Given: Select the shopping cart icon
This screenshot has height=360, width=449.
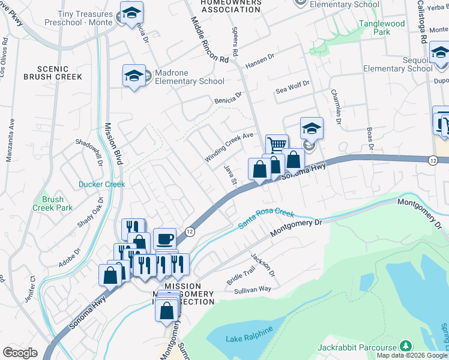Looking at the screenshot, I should pos(277,145).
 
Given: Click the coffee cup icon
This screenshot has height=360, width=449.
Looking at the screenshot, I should pos(164,239).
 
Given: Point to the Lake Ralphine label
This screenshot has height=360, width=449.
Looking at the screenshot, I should pos(249,334).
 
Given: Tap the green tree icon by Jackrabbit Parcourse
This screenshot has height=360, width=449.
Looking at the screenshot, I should pos(406,347).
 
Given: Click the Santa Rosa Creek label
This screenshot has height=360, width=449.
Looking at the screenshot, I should pos(266,218).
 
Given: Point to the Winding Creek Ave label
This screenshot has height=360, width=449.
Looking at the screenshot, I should pos(230,147).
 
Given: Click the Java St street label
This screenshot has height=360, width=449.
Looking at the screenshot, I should pos(231,178).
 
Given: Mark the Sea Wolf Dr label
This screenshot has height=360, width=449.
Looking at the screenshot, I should pos(292,88).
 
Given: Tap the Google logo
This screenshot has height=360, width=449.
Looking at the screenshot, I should pos(20,352).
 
